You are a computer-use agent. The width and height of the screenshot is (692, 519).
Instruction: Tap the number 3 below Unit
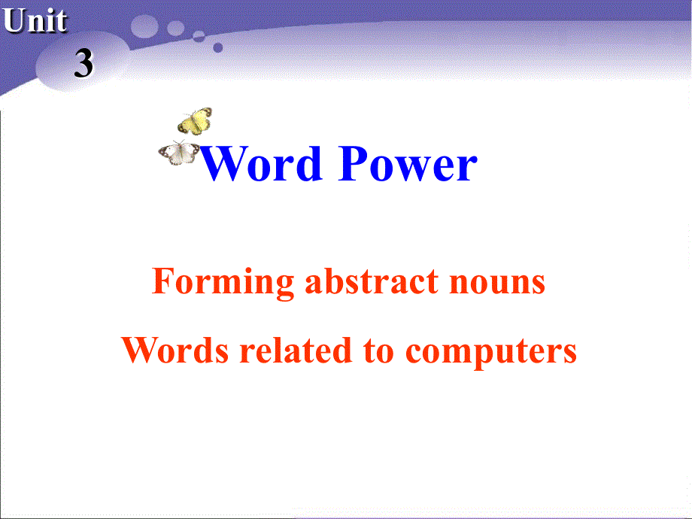83,65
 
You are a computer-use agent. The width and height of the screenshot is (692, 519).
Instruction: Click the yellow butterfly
195,121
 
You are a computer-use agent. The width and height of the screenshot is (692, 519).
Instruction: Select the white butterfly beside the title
179,153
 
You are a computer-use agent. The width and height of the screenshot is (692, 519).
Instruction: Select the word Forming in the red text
223,281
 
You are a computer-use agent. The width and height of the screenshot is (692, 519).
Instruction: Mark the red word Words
176,350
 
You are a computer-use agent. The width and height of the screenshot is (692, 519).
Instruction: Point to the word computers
491,351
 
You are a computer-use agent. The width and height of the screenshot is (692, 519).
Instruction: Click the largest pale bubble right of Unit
147,28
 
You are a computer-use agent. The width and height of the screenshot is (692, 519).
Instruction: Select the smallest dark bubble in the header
218,47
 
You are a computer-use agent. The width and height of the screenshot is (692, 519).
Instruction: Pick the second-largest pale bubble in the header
175,28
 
